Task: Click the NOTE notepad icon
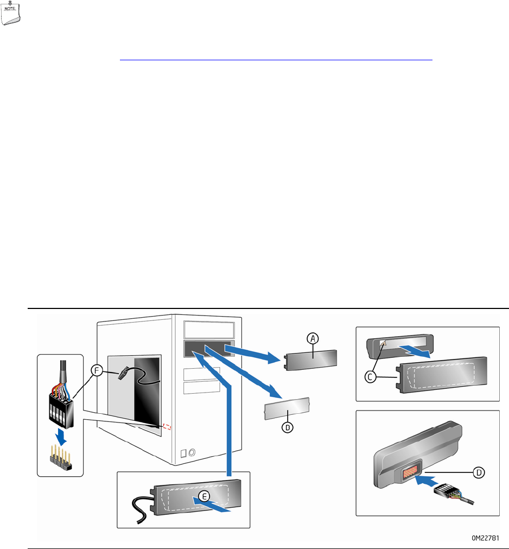click(x=10, y=13)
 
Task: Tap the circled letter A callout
click(x=313, y=338)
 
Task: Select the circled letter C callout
click(x=370, y=377)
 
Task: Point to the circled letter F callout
click(x=97, y=370)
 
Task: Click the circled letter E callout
click(x=204, y=496)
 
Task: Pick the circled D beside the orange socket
click(x=479, y=472)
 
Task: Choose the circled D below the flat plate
click(x=287, y=427)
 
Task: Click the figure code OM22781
click(x=485, y=538)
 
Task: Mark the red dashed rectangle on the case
click(x=167, y=427)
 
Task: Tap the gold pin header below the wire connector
click(x=61, y=457)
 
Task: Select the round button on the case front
click(x=192, y=452)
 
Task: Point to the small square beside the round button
click(x=183, y=454)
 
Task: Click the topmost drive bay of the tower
click(x=209, y=330)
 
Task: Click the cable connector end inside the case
click(x=123, y=374)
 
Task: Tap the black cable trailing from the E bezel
click(x=139, y=510)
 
